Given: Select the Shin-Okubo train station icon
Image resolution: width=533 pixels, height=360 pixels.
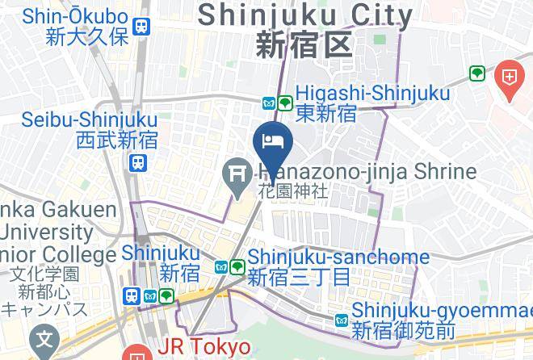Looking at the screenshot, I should coord(143,26).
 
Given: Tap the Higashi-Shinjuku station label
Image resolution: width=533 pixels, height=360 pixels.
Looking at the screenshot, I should coord(373,94).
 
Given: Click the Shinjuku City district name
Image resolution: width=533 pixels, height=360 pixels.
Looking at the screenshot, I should coord(305,14).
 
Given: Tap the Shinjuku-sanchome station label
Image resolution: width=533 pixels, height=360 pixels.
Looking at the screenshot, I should coord(338,257).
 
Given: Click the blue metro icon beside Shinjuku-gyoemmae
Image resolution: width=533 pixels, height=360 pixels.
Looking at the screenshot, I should coord(342,321).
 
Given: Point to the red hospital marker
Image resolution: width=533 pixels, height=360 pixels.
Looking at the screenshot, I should coord(511,78).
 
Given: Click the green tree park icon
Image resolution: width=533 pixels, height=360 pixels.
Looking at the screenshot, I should coord(476,74).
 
